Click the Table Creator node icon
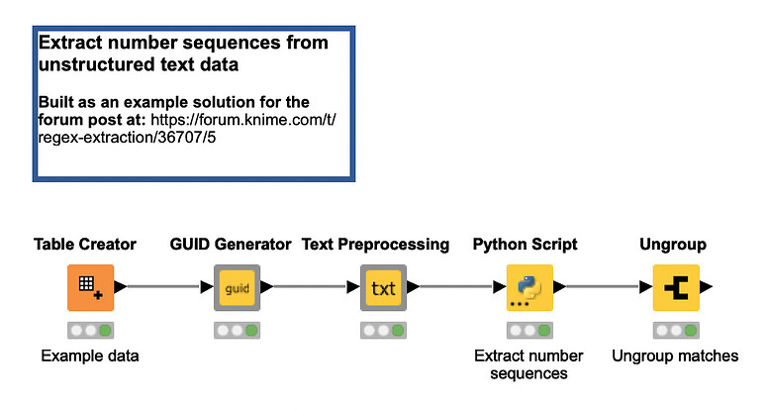(91, 288)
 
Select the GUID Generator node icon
(238, 288)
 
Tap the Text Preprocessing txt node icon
(383, 288)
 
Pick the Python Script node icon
(529, 288)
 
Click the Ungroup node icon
(676, 288)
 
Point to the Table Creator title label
(85, 244)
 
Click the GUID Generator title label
(231, 244)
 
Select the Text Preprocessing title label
(375, 244)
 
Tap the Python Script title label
(525, 244)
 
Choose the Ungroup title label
(675, 244)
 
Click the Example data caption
(90, 356)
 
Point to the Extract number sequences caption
(528, 364)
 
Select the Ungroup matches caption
(675, 356)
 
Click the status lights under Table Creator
(91, 330)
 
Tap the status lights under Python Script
(529, 330)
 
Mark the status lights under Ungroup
(676, 330)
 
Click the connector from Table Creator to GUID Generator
(163, 288)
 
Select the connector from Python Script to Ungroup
(602, 288)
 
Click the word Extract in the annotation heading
(70, 44)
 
